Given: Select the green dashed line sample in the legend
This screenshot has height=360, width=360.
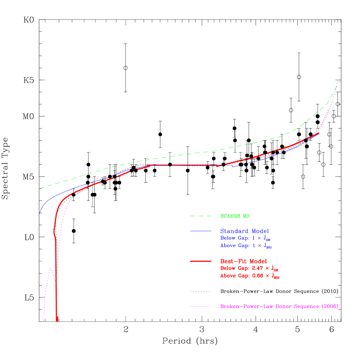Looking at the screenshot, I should tap(201, 216).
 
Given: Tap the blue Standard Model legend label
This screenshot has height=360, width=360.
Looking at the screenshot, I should tap(245, 231).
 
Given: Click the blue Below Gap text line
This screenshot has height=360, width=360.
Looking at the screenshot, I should tap(249, 238).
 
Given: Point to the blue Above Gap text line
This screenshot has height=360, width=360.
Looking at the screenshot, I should tap(249, 246).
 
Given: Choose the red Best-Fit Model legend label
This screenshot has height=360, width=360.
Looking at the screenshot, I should tap(243, 261).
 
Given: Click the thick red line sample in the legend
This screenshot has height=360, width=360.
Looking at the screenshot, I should tap(201, 261).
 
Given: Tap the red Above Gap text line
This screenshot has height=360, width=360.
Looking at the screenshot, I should tap(249, 276).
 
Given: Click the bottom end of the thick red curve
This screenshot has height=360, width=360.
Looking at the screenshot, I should tap(57, 319).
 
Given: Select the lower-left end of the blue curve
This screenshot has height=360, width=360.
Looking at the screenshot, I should tap(39, 214).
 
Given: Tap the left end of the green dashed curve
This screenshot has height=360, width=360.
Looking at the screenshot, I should tap(39, 189).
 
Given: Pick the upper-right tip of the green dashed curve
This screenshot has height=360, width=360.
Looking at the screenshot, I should tap(341, 79).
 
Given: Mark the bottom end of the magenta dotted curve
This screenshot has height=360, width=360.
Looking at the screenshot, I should tap(43, 321).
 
